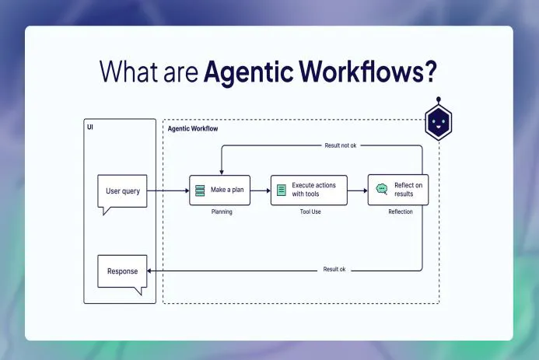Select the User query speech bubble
pos(123,191)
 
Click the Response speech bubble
pos(122,272)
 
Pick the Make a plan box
pos(220,190)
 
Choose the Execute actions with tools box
pos(309,190)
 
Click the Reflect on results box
pos(398,190)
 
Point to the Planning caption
pos(222,211)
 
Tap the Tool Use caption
pos(309,211)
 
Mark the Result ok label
pos(334,270)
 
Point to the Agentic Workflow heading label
pos(193,128)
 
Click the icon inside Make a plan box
pos(200,190)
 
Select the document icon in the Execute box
pos(282,190)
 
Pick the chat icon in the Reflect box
pos(381,189)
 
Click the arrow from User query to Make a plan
pos(167,190)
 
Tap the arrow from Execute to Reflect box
pos(358,190)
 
